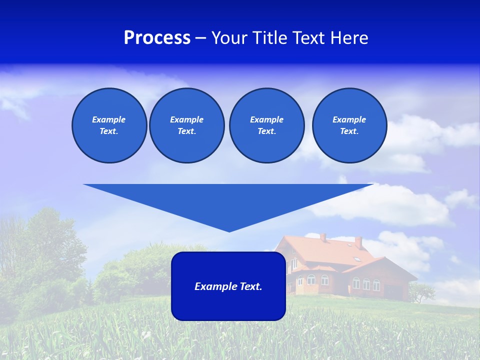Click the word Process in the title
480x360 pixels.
point(157,38)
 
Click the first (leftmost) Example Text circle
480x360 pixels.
point(109,125)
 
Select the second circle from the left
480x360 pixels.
point(186,125)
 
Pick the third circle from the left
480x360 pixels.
point(266,125)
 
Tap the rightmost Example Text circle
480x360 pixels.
point(349,125)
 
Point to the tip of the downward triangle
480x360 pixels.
point(229,231)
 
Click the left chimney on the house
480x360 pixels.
point(323,237)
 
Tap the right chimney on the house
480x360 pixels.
point(358,242)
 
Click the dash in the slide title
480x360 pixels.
point(200,38)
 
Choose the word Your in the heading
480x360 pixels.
point(229,38)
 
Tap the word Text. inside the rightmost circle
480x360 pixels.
point(349,131)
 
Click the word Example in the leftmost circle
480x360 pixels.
point(109,119)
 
